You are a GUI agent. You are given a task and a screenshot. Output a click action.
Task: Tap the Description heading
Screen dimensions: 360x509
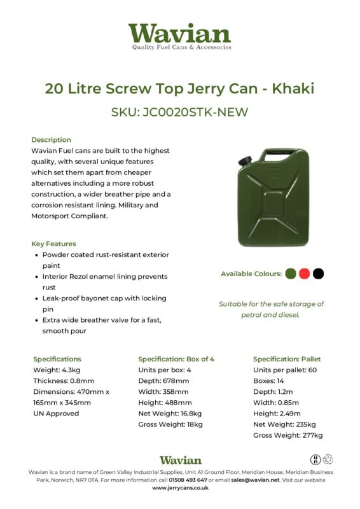[51, 139]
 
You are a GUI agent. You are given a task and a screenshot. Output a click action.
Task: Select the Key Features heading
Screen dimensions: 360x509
[53, 244]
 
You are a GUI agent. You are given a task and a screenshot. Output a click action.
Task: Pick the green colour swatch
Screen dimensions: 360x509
[291, 274]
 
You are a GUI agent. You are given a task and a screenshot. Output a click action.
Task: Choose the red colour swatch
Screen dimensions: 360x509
[304, 274]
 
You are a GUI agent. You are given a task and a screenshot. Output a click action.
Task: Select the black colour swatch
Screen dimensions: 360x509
[318, 274]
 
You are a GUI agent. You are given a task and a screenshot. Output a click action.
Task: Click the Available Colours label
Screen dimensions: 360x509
[251, 274]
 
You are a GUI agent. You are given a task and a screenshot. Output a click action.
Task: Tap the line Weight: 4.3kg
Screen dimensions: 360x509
[57, 370]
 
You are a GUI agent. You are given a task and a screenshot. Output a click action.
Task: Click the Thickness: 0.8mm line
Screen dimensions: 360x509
[64, 380]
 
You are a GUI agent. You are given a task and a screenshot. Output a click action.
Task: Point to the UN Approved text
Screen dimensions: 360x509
[56, 413]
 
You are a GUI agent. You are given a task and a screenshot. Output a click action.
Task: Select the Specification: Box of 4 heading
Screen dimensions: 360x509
[176, 359]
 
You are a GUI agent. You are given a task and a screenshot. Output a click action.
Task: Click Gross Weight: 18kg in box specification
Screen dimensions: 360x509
[170, 424]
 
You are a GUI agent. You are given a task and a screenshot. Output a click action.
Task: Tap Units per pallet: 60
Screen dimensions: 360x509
[284, 370]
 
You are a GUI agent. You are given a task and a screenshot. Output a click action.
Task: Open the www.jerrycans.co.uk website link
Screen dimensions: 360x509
[180, 488]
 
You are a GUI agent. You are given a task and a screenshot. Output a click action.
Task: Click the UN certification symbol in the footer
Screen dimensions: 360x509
[315, 459]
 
